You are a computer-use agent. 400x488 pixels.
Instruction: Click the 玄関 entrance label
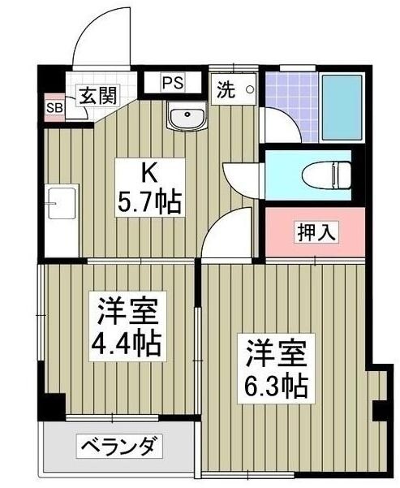pos(97,94)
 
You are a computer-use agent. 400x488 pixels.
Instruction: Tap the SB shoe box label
pos(54,107)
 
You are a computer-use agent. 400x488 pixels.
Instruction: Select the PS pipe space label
pos(172,82)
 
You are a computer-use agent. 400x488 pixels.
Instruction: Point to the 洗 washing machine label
pos(225,91)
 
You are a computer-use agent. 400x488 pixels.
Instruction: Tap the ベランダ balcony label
pos(121,446)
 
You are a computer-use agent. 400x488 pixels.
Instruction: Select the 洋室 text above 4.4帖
pos(127,311)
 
